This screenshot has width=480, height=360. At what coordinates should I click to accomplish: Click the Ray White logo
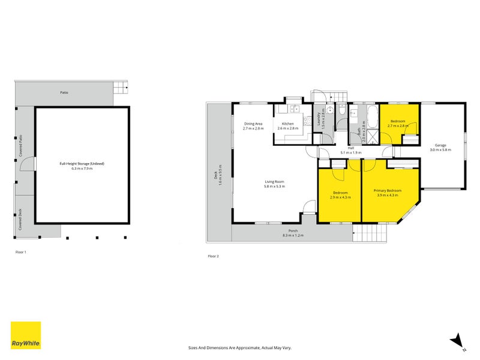pos(26,335)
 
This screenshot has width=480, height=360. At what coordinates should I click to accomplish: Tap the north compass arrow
pos(458,340)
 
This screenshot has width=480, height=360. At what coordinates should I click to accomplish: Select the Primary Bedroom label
pos(389,190)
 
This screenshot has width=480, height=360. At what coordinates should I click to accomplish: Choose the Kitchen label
pos(288,124)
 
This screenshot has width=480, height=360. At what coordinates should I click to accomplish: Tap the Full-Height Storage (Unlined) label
pos(82,163)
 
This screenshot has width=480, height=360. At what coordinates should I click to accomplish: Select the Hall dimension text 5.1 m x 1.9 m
pos(350,153)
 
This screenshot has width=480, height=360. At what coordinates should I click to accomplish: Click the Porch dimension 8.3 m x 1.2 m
pos(293,235)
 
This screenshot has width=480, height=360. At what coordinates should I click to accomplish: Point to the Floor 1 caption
pos(21,252)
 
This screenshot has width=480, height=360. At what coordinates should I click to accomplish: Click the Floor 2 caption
pos(214,256)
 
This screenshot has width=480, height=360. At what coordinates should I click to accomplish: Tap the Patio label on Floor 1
pos(64,92)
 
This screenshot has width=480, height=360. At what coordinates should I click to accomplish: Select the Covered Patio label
pos(20,146)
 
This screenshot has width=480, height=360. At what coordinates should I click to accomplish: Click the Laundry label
pos(317,119)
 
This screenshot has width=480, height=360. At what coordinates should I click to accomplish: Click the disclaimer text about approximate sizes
pos(239,347)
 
